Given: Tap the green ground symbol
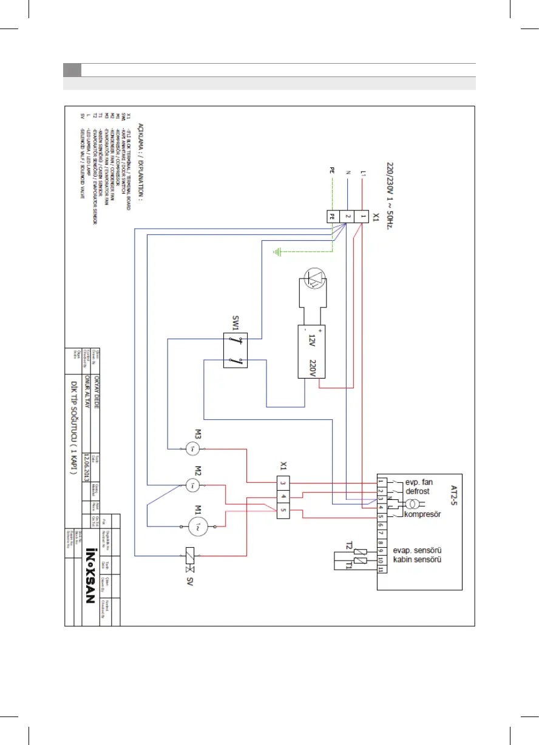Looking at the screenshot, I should pos(278,251).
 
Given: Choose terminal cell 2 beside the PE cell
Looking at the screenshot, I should pos(347,216).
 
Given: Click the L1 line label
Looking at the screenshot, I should pos(363,177).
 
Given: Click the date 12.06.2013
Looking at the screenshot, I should pos(88,467).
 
